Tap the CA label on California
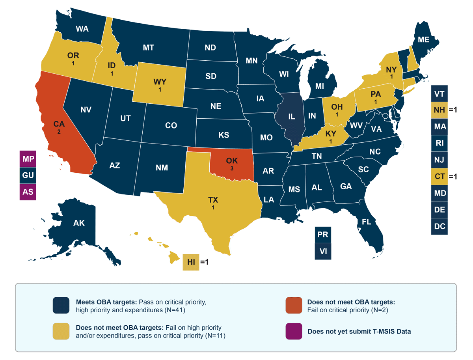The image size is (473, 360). click(59, 124)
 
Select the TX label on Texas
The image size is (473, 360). click(213, 200)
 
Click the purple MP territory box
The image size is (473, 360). click(28, 159)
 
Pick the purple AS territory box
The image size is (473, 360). click(28, 192)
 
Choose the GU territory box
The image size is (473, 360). click(28, 175)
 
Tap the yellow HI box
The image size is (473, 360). click(191, 262)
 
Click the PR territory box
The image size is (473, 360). click(323, 235)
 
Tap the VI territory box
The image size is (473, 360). click(323, 251)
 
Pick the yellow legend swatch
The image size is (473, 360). click(61, 331)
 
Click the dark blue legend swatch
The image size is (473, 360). click(61, 305)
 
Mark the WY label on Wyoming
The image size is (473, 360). click(160, 82)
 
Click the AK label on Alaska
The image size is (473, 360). click(79, 223)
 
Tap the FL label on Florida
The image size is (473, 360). click(367, 222)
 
